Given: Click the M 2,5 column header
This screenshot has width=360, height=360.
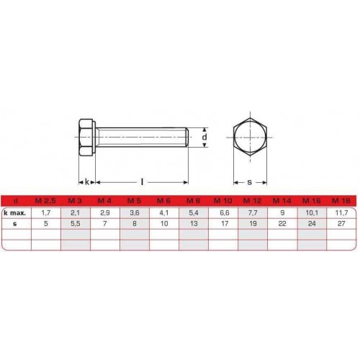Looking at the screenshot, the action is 45,201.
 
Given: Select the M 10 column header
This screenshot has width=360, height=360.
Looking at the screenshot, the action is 223,201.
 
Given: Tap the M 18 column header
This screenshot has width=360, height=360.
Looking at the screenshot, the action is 341,201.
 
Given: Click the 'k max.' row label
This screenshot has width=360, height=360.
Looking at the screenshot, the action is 15,212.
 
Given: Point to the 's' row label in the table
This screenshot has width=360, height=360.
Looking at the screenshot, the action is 15,224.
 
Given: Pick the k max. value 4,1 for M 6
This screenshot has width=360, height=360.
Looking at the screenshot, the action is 164,212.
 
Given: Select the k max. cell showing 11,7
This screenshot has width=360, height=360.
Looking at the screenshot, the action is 341,212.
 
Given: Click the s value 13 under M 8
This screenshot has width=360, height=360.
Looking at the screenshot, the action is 194,224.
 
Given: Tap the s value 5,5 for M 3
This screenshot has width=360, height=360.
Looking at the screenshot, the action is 75,224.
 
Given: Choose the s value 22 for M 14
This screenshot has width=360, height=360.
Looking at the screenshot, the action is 282,224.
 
